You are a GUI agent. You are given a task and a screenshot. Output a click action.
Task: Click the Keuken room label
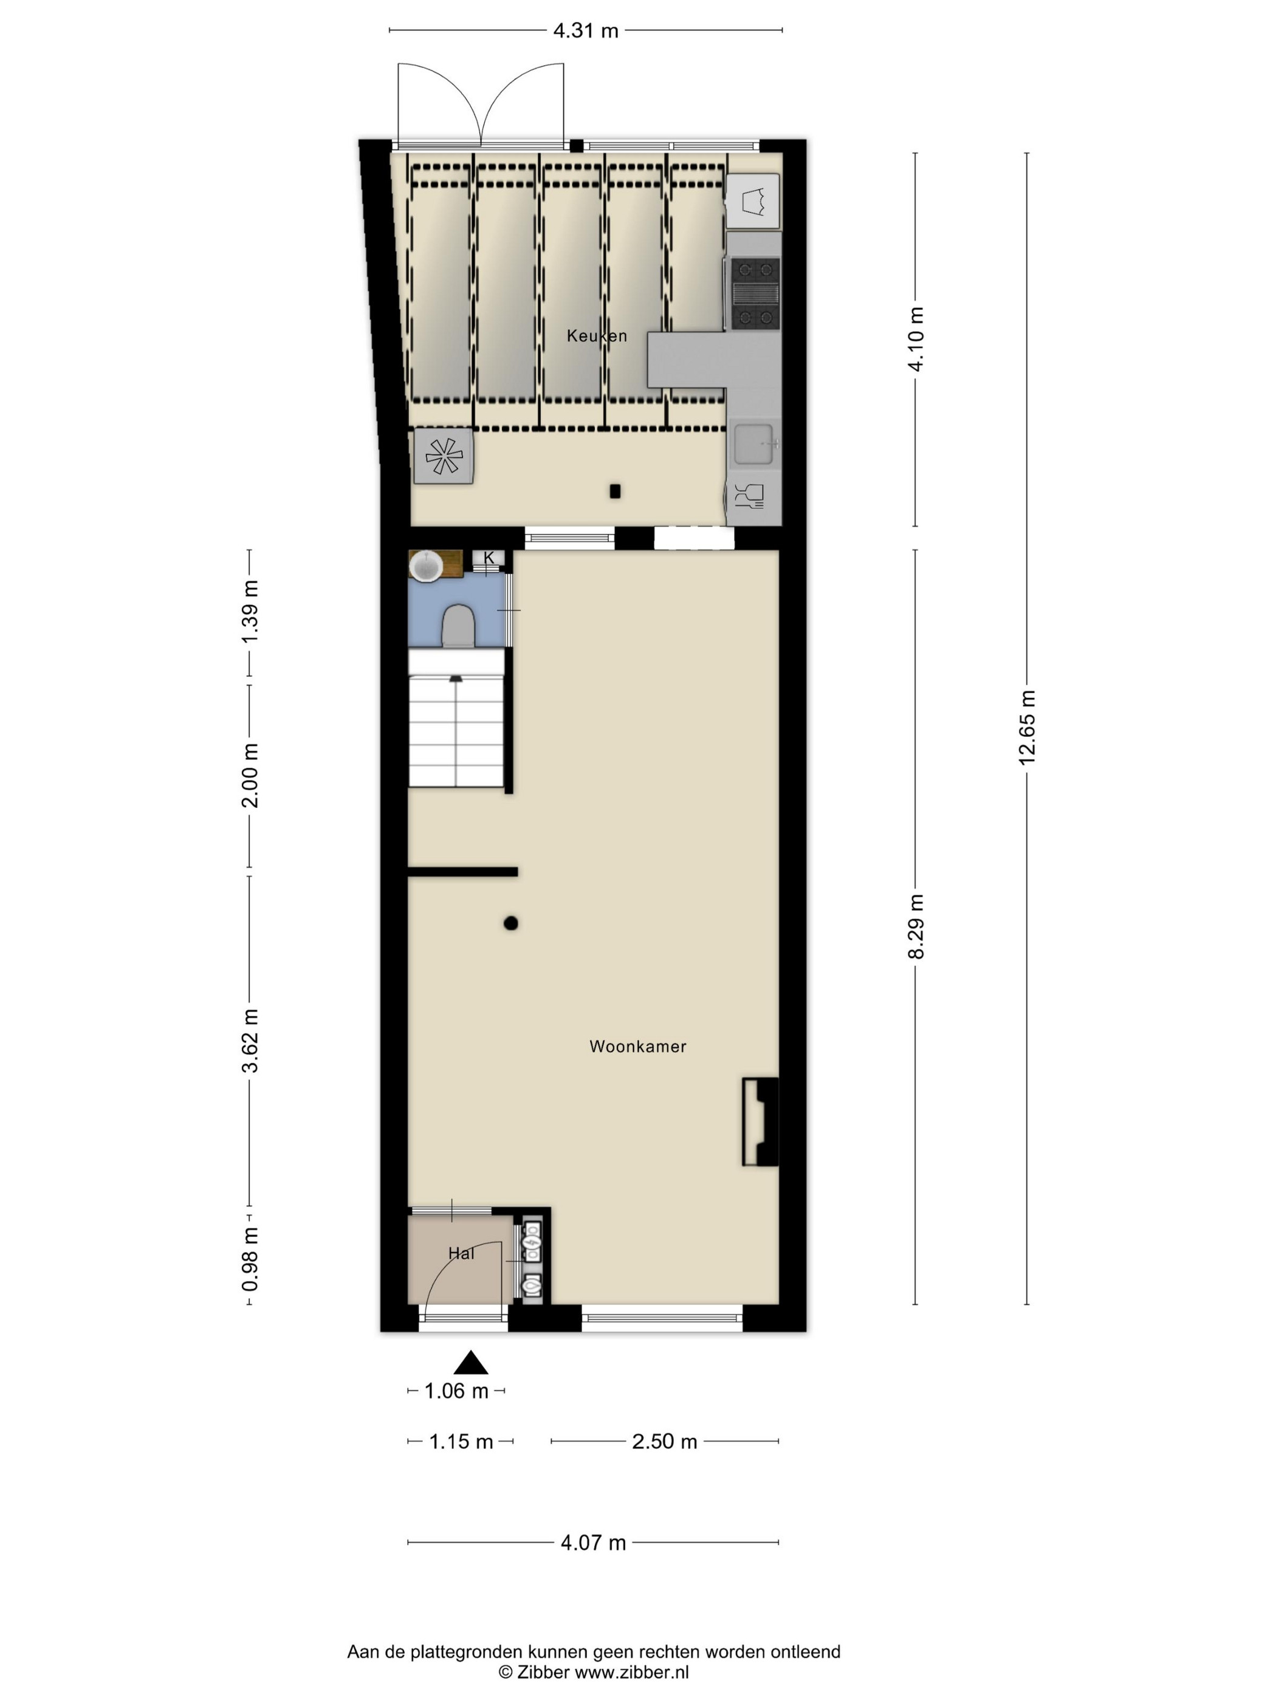click(596, 335)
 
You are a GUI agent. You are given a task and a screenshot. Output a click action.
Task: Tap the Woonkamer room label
click(637, 1046)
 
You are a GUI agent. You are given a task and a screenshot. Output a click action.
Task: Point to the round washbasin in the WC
click(425, 566)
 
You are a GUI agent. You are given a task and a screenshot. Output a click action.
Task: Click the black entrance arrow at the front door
click(471, 1363)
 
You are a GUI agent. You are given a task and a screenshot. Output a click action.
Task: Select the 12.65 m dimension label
click(1027, 727)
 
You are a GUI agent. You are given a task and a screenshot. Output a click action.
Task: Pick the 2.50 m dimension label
click(665, 1441)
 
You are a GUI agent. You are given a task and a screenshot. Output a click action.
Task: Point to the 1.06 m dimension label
click(456, 1391)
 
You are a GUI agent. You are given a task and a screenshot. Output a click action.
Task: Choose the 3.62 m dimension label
click(250, 1041)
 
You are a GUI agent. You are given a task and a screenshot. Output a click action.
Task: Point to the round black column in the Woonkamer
click(511, 923)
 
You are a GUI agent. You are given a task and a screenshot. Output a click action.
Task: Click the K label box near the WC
click(489, 558)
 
